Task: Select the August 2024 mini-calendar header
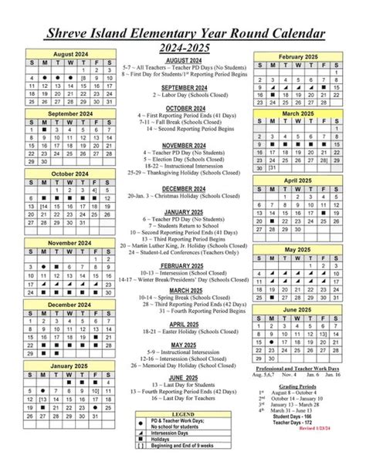click(x=69, y=54)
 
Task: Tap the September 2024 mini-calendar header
click(x=69, y=113)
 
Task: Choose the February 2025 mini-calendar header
click(x=298, y=58)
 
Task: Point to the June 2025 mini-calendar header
click(x=298, y=309)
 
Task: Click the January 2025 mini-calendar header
click(x=69, y=365)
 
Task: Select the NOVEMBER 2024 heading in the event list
click(x=184, y=145)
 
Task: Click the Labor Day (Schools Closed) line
click(x=184, y=96)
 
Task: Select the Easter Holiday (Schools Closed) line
click(x=185, y=332)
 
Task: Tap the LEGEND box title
click(x=184, y=414)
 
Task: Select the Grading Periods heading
click(x=298, y=384)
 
